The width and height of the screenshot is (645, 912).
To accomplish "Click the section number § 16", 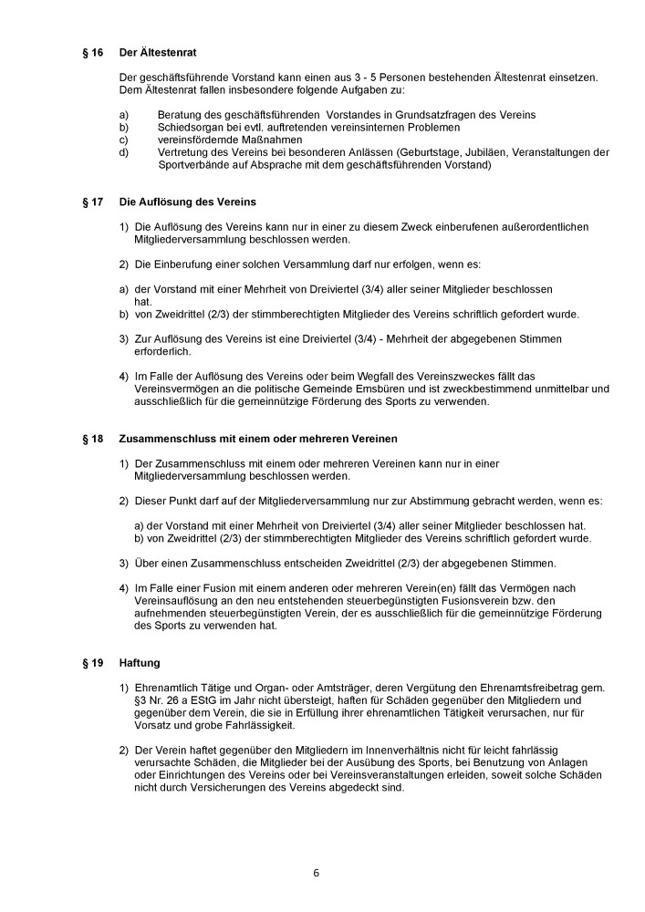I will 92,54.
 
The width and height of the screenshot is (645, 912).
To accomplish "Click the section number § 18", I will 92,440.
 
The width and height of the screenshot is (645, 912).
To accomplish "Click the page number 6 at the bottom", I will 316,872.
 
